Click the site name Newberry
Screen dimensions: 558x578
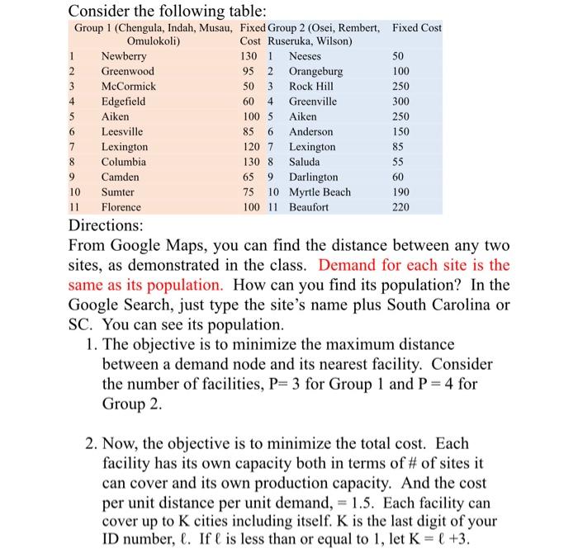pyautogui.click(x=124, y=57)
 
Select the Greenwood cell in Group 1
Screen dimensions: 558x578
pyautogui.click(x=127, y=72)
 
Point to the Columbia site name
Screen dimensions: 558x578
pyautogui.click(x=124, y=162)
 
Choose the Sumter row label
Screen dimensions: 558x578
pyautogui.click(x=118, y=192)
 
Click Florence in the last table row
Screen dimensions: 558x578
pyautogui.click(x=121, y=207)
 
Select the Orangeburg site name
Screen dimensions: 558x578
pyautogui.click(x=315, y=72)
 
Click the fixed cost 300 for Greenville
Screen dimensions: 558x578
pyautogui.click(x=400, y=102)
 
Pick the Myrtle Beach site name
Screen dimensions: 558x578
pyautogui.click(x=320, y=192)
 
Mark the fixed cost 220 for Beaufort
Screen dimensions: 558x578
pyautogui.click(x=400, y=207)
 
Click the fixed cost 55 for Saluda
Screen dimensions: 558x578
pyautogui.click(x=400, y=162)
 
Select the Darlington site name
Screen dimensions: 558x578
pyautogui.click(x=313, y=177)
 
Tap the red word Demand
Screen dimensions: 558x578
pyautogui.click(x=347, y=266)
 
